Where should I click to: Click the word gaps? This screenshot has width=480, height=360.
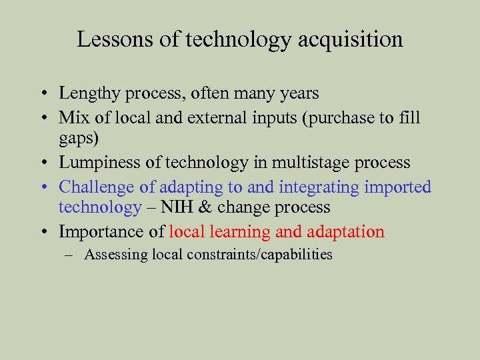point(77,139)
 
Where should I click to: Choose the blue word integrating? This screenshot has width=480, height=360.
point(320,187)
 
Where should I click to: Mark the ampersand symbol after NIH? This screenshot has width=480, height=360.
point(206,207)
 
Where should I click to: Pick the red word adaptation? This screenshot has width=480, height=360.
point(346,231)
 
